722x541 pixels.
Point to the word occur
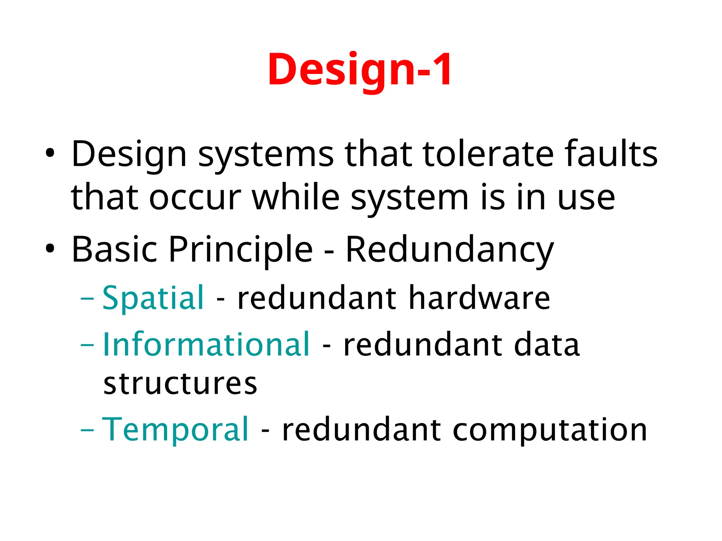coord(195,198)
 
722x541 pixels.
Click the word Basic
coord(114,249)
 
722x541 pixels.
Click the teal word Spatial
coord(153,299)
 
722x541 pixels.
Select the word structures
coord(180,384)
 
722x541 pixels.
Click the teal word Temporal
coord(175,430)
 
